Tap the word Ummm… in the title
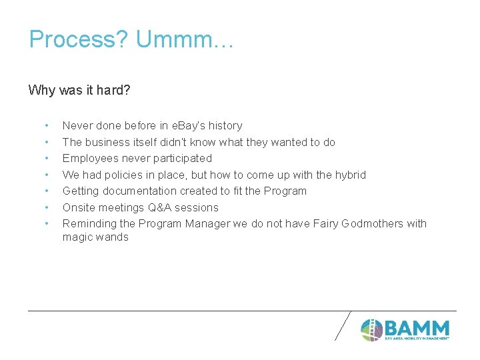tap(185, 39)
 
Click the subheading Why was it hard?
tap(79, 90)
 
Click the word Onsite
tap(79, 207)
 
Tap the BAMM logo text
tap(417, 328)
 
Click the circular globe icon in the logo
tap(371, 329)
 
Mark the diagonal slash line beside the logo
tap(342, 326)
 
